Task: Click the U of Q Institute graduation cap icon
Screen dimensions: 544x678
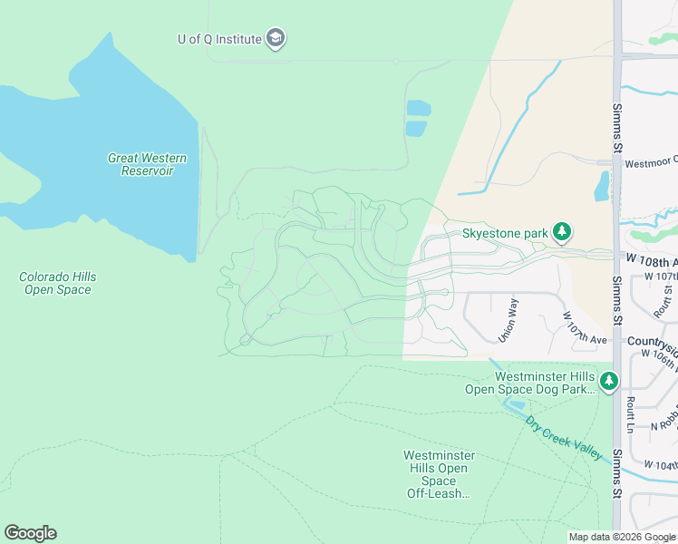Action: coord(276,38)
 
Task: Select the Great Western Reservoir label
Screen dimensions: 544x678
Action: coord(147,164)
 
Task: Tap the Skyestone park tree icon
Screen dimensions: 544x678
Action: coord(563,233)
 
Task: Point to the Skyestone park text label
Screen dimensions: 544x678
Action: coord(505,234)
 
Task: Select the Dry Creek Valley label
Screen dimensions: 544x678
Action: coord(562,437)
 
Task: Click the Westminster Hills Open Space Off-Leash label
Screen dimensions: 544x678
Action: coord(439,474)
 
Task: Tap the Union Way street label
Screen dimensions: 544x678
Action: coord(510,320)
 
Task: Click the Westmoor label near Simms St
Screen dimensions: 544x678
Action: coord(651,164)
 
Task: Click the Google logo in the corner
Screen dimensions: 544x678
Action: coord(30,533)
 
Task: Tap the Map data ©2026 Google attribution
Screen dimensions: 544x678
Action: coord(622,537)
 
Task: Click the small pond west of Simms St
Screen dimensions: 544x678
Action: coord(601,186)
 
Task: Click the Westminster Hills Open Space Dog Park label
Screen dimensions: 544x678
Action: coord(543,383)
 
